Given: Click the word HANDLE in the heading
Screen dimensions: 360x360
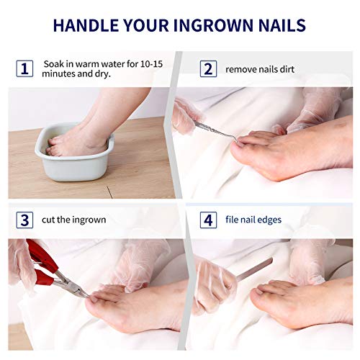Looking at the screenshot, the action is click(86, 25).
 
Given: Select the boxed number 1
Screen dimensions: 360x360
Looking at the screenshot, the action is click(24, 68).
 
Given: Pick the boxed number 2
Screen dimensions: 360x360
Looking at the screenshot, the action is click(208, 68).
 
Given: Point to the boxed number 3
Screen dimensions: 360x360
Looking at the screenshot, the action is click(24, 220).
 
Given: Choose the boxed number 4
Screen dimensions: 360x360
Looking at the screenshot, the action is click(208, 220).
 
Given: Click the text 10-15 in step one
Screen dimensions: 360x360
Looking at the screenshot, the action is click(152, 64).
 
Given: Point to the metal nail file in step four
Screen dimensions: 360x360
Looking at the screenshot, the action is click(254, 269).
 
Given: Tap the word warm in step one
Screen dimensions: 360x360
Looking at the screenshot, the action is click(87, 64).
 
